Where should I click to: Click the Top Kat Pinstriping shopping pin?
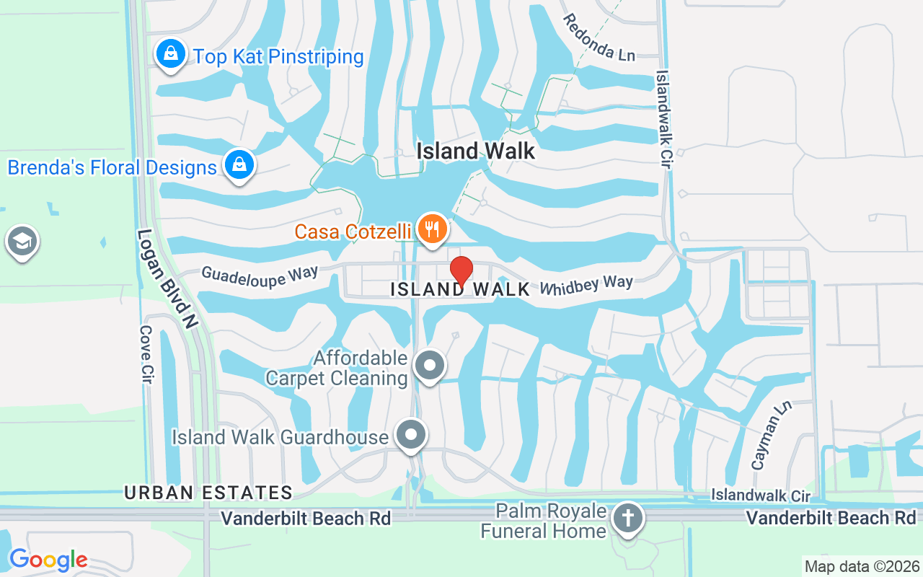(x=171, y=54)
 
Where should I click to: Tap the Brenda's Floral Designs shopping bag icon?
(x=239, y=165)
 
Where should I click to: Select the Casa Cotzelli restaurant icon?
(x=431, y=229)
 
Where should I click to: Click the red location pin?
(x=461, y=271)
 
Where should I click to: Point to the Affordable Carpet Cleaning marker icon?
(x=430, y=365)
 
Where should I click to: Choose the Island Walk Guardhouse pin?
(x=411, y=435)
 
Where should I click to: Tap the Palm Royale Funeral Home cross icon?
(x=627, y=519)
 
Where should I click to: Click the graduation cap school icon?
(x=22, y=242)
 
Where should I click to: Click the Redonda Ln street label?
(x=599, y=38)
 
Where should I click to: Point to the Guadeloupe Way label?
(x=260, y=276)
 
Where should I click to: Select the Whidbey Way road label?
(x=586, y=284)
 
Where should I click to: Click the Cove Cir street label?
(x=147, y=354)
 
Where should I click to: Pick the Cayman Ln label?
(x=771, y=436)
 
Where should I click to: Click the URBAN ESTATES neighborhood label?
(x=208, y=493)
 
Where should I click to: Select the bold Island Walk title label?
(x=477, y=151)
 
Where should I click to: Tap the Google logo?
(x=48, y=560)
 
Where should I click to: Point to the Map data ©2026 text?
(x=862, y=566)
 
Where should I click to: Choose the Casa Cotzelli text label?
(x=353, y=232)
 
